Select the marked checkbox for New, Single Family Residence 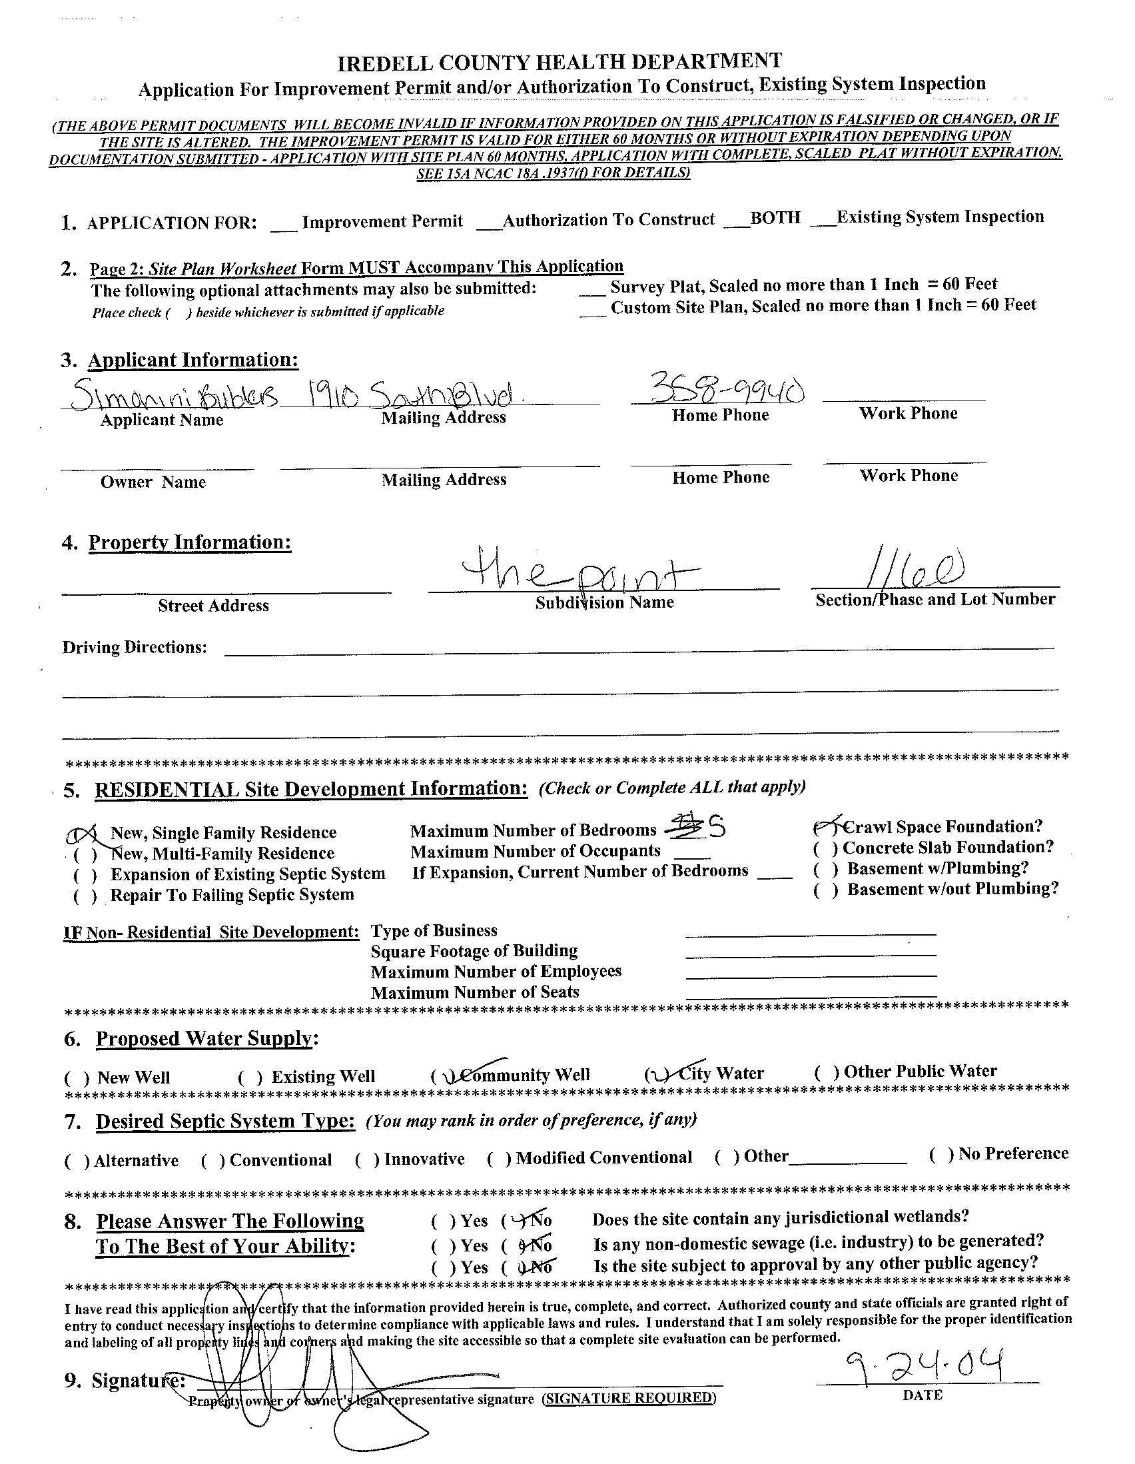tap(85, 834)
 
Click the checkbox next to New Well tap(77, 1078)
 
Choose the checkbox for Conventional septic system tap(213, 1161)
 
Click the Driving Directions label tap(135, 648)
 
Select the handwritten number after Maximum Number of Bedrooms tap(715, 828)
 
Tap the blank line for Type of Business tap(811, 932)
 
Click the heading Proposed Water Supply tap(205, 1038)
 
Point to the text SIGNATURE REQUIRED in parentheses tap(629, 1397)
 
